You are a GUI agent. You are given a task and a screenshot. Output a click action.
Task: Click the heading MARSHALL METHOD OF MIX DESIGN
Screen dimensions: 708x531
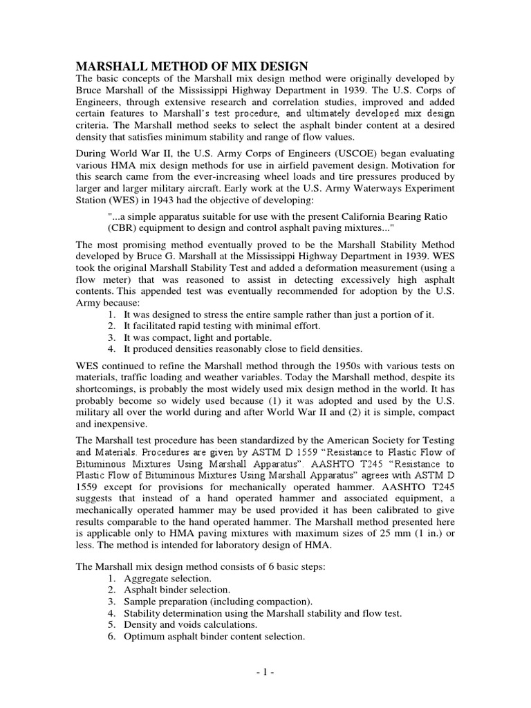pos(191,66)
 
